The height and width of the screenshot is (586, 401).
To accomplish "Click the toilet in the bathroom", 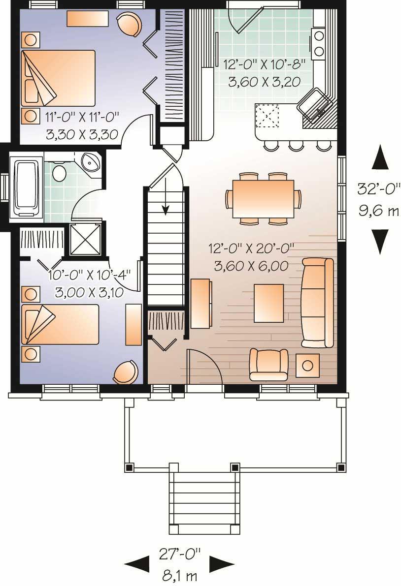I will pos(60,173).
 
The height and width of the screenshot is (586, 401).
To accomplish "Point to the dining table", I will pos(264,199).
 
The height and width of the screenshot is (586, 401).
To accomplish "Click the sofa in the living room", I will pos(317,303).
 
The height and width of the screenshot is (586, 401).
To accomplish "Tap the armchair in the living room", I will pos(268,364).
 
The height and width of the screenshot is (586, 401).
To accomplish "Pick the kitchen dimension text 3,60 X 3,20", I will pos(264,82).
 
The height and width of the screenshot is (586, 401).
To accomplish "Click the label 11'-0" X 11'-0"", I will pos(83,118).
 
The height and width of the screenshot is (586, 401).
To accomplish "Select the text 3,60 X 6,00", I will pos(251,266).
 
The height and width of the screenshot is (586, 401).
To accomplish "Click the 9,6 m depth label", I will pos(378,212).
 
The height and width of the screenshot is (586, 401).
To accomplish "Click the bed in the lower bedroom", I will pos(60,324).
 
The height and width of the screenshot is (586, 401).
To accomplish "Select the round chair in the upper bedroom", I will pos(129,24).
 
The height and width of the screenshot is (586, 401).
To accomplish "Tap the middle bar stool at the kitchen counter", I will pos(296,145).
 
